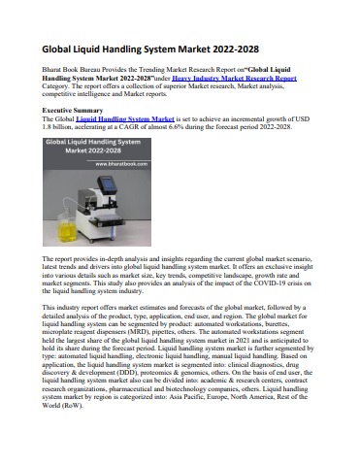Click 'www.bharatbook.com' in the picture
click(x=114, y=164)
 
